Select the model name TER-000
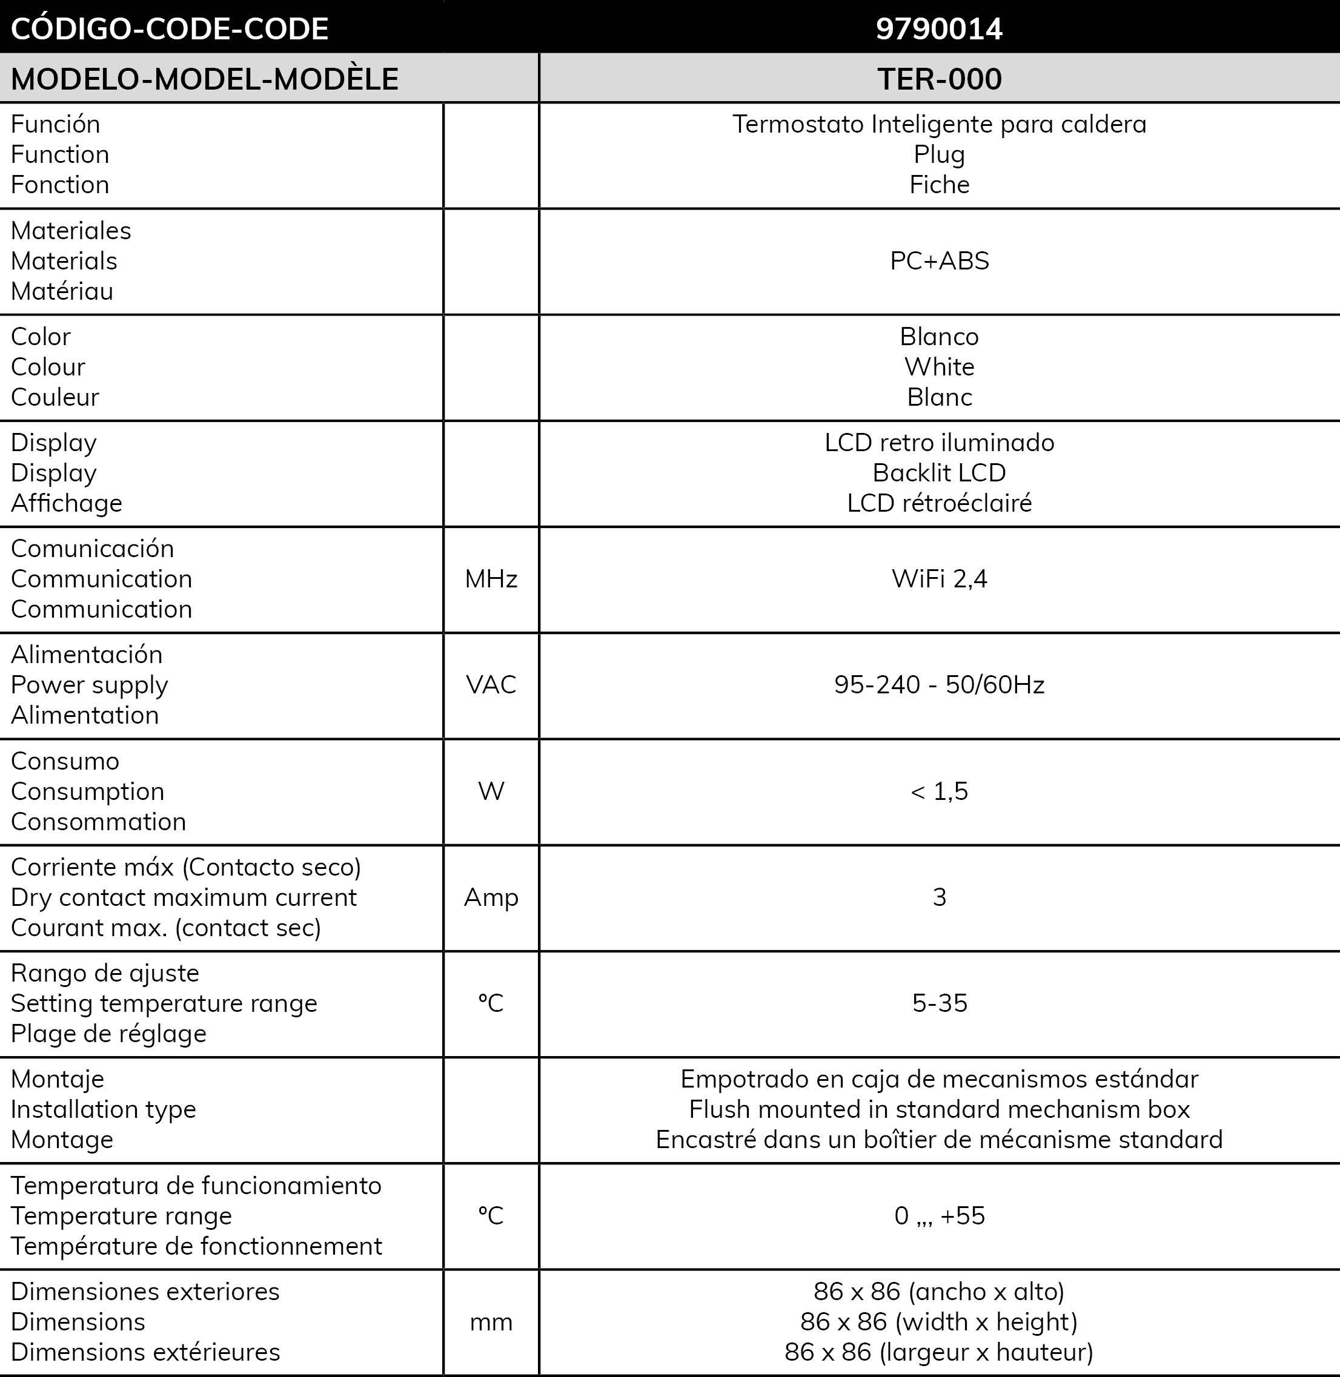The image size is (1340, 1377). point(939,79)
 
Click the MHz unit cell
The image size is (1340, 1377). point(491,579)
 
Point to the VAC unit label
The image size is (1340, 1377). point(491,685)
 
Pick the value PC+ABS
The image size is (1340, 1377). point(939,261)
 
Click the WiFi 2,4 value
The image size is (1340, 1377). point(939,579)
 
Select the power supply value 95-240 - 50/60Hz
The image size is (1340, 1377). point(939,685)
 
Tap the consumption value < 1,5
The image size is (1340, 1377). point(939,791)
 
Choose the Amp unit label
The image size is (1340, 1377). point(491,897)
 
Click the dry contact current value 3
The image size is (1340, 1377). point(939,897)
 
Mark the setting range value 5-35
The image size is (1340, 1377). point(939,1003)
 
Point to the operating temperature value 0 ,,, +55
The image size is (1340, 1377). point(939,1216)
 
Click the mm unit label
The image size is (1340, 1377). point(491,1322)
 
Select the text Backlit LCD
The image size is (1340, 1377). point(939,473)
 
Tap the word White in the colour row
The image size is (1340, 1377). point(939,366)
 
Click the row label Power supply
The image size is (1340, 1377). point(90,685)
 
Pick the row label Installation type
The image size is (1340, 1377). point(104,1109)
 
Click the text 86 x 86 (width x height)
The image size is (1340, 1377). point(939,1322)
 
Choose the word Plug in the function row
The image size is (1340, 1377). point(939,154)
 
